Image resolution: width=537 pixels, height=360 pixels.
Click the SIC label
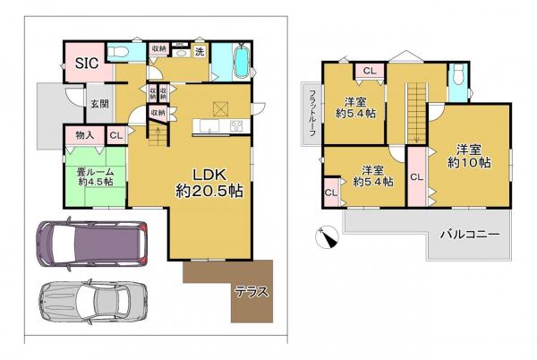[87, 63]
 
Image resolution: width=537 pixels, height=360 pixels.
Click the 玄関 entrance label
[98, 103]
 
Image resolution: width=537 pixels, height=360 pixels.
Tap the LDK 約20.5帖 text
[209, 182]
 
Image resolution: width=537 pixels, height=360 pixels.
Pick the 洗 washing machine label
[200, 52]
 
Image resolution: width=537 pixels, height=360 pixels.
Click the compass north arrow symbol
[328, 236]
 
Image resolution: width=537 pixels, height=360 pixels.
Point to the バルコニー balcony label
[469, 235]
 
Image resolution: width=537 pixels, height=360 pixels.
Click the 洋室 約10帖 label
[470, 156]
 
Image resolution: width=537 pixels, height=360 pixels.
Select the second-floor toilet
[456, 81]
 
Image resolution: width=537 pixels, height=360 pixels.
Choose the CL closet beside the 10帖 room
[416, 177]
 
